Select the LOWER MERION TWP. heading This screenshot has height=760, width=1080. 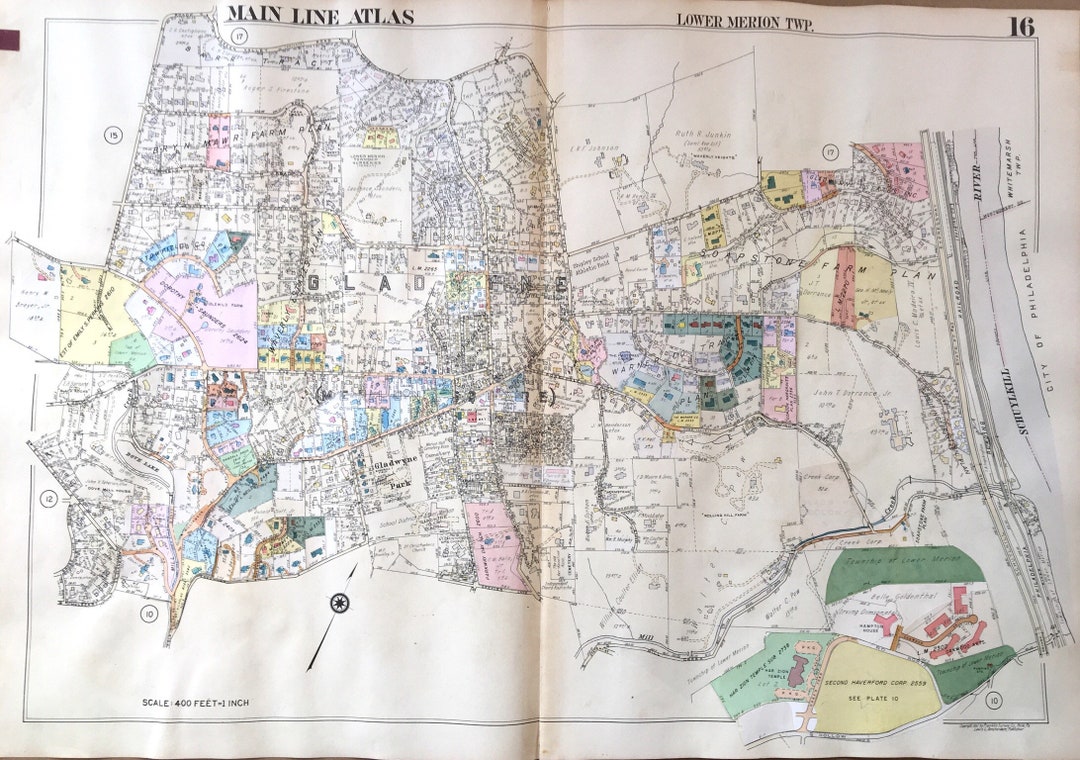[x=745, y=21]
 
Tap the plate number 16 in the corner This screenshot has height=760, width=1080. [x=1021, y=27]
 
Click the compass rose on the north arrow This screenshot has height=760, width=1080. [x=339, y=602]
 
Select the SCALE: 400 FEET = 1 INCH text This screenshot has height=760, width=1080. [x=197, y=703]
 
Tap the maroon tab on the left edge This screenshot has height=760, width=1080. [x=9, y=40]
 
